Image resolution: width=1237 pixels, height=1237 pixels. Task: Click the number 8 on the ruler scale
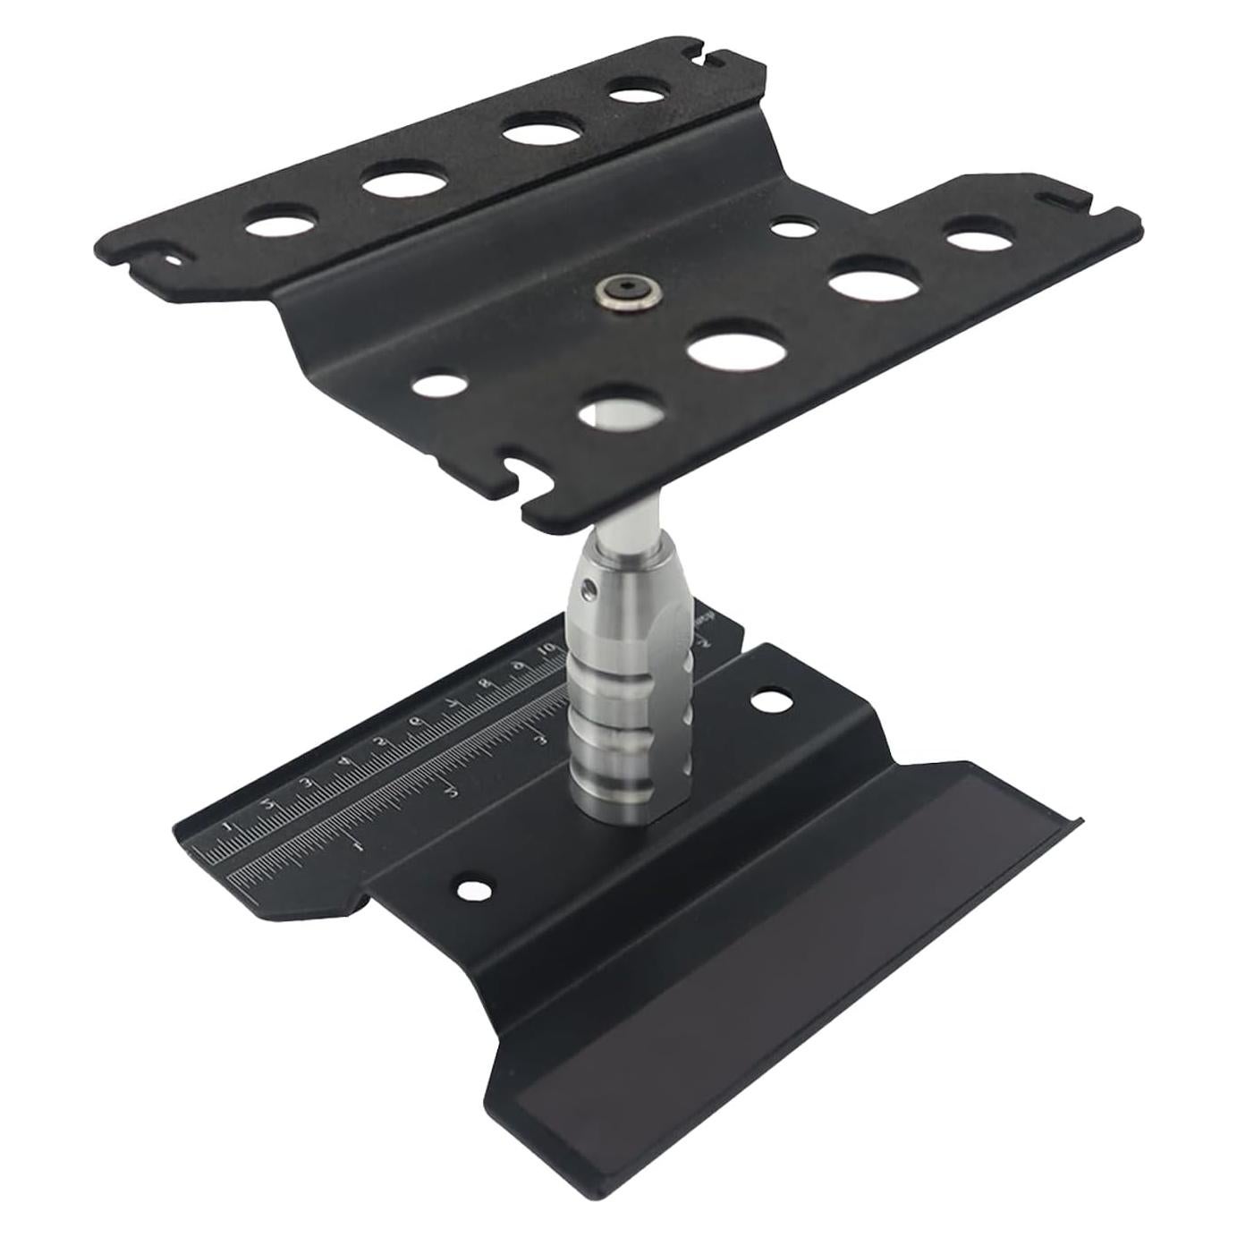click(x=486, y=686)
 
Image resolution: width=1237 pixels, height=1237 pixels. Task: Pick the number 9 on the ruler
click(x=518, y=667)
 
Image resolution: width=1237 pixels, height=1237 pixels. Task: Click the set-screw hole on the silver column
click(x=587, y=588)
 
